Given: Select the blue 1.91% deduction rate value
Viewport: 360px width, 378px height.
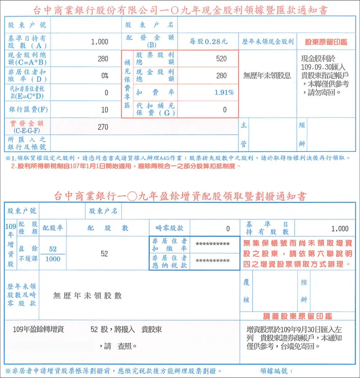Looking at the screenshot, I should coord(224,92).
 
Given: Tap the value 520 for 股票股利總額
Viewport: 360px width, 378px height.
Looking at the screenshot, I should coord(221,59).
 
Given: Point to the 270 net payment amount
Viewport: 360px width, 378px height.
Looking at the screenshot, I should coord(103,127).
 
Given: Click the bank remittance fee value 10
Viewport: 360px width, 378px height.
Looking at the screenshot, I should coord(105,110).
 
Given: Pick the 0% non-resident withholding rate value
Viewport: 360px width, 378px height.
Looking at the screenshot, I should coord(105,76).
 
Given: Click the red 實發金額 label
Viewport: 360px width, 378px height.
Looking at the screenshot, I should coord(27,124).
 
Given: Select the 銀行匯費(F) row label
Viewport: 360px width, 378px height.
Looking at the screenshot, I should coord(27,110).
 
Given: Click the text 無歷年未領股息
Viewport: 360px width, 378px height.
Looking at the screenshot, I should coord(267,76).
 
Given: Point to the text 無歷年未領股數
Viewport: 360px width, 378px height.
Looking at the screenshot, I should coord(88,295).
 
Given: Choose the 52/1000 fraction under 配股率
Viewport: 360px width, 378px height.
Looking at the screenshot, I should coord(53,254).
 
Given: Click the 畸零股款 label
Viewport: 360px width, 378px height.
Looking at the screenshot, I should coord(169,228).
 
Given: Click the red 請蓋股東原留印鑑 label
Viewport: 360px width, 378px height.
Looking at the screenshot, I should coord(297,316).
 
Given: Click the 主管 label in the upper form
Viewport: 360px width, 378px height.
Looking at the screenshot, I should coord(244,135).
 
